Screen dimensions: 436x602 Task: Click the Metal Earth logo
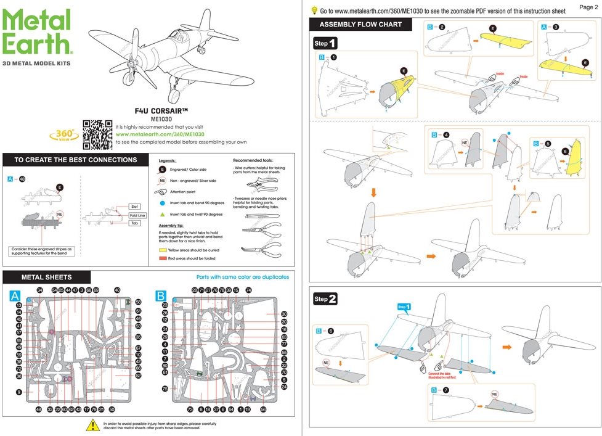pyautogui.click(x=37, y=34)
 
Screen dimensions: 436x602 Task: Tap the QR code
pyautogui.click(x=97, y=134)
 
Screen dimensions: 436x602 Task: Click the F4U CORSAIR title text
pyautogui.click(x=161, y=111)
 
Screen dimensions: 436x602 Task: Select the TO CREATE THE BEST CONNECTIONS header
pyautogui.click(x=75, y=160)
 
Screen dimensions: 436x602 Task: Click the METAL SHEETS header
pyautogui.click(x=46, y=277)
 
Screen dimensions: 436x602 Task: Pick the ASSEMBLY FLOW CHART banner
pyautogui.click(x=360, y=25)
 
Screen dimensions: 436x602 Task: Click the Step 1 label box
pyautogui.click(x=325, y=44)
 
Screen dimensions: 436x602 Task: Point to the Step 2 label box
pyautogui.click(x=325, y=299)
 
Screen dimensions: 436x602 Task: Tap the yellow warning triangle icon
pyautogui.click(x=92, y=425)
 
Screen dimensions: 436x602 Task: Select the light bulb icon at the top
pyautogui.click(x=314, y=10)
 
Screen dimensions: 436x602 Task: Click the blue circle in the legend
pyautogui.click(x=163, y=202)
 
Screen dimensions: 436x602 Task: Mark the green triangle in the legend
pyautogui.click(x=163, y=214)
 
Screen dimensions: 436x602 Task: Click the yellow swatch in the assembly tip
pyautogui.click(x=163, y=250)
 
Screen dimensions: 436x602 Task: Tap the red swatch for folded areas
pyautogui.click(x=163, y=258)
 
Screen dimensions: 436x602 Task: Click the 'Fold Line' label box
pyautogui.click(x=137, y=215)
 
